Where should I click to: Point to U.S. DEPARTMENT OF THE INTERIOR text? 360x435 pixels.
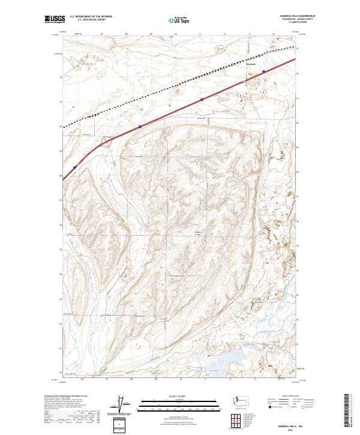(91, 17)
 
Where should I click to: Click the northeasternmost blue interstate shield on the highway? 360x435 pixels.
(264, 71)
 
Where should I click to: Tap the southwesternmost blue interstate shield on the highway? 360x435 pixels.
(75, 167)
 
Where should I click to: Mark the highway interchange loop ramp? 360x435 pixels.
(106, 142)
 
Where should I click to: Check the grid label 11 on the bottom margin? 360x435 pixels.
(205, 378)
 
